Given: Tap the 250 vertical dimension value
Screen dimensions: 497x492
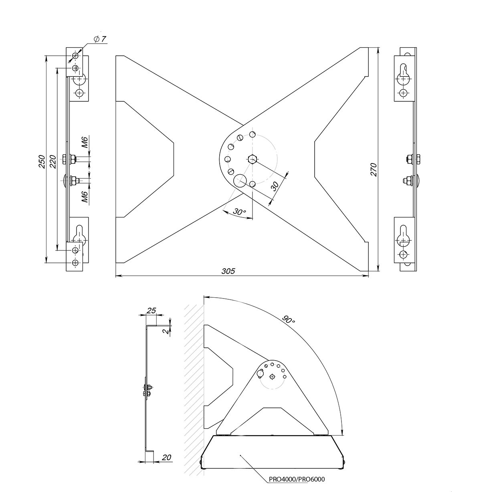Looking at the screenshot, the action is (x=42, y=162).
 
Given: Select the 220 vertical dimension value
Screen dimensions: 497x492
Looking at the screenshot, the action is (x=53, y=162).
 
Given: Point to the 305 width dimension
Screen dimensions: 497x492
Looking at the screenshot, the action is (x=228, y=271).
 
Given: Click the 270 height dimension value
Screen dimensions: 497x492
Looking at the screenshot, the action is (x=374, y=169).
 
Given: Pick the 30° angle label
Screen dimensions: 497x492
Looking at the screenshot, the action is (x=240, y=212).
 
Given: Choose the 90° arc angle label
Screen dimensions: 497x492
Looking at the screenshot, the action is (x=288, y=320).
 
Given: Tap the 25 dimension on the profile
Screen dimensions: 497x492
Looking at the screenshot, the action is (x=151, y=311).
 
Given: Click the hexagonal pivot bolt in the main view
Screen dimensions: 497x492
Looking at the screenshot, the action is (x=252, y=159).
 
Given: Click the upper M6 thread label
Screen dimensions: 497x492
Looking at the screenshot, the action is (x=85, y=142).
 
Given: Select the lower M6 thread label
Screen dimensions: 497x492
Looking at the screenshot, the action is (x=85, y=196).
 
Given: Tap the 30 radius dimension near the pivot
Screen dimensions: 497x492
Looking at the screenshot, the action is (x=275, y=186).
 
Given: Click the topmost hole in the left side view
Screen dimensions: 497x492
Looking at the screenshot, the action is (x=75, y=56).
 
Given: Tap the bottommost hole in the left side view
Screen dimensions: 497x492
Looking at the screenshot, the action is (x=75, y=262).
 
